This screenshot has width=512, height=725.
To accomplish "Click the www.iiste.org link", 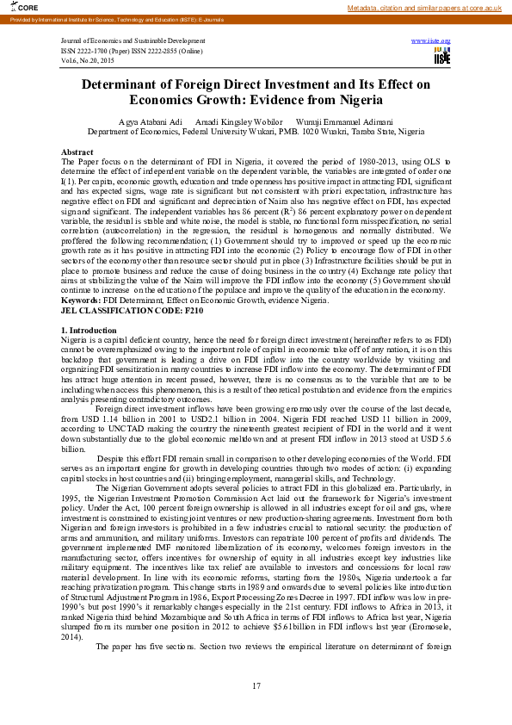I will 431,40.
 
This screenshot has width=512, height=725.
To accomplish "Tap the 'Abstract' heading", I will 77,151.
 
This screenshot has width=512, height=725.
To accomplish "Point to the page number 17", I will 256,685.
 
